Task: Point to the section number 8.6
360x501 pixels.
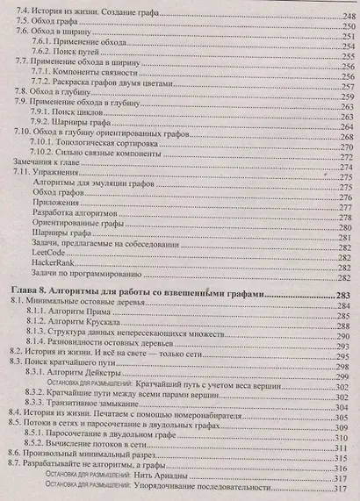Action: point(17,457)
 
